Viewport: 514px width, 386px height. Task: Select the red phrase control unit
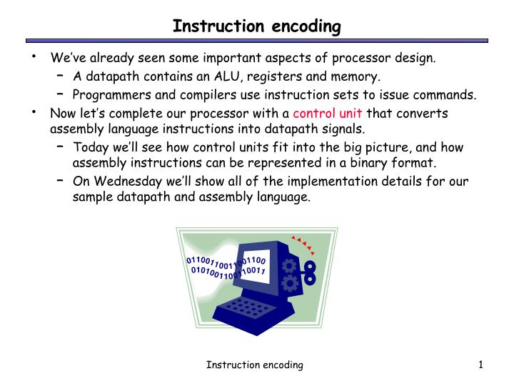coord(328,113)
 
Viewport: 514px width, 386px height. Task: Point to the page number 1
coord(482,365)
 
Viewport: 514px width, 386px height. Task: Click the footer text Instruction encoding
coord(255,365)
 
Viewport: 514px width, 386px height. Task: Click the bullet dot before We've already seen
coord(33,56)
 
